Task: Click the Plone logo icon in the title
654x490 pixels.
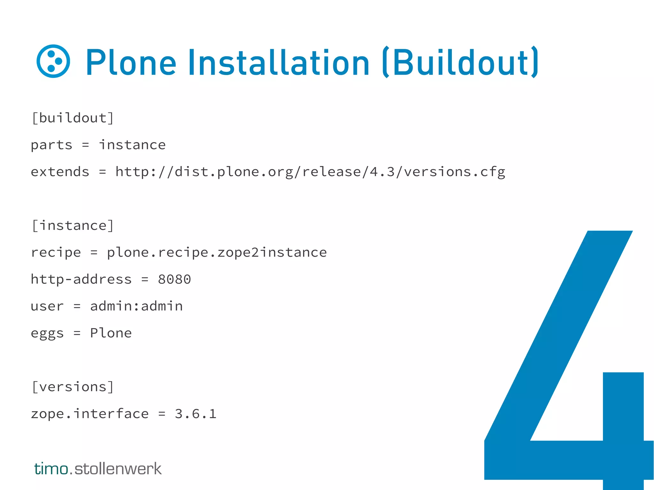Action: tap(53, 61)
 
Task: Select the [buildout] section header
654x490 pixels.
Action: tap(73, 118)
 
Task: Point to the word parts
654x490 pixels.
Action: tap(51, 145)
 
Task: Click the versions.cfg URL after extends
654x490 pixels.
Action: tap(310, 172)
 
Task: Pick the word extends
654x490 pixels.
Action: tap(60, 172)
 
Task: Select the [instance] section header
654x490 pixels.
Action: tap(73, 226)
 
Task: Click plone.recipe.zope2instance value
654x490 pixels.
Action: tap(217, 253)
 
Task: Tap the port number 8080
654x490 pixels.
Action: tap(174, 279)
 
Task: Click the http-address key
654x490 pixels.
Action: tap(81, 279)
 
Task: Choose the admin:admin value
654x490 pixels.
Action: tap(136, 306)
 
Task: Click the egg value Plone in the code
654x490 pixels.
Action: tap(111, 333)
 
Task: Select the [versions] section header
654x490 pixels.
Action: tap(73, 387)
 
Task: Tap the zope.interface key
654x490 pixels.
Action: tap(90, 414)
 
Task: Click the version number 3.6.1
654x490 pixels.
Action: tap(195, 414)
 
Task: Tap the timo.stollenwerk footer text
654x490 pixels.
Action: tap(98, 469)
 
